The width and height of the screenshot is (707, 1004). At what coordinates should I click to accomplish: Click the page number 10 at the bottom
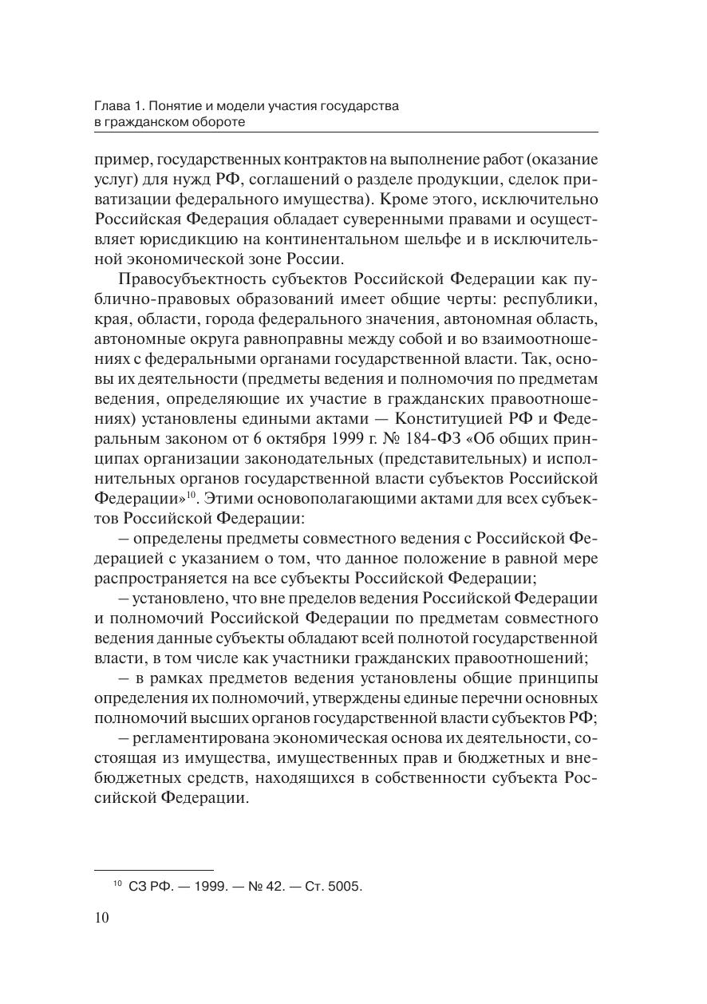click(101, 918)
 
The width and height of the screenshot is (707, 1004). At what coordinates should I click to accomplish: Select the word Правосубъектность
click(183, 279)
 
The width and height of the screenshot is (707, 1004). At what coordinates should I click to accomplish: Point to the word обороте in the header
click(215, 121)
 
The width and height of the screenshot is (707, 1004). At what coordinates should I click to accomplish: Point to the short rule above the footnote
click(153, 869)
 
